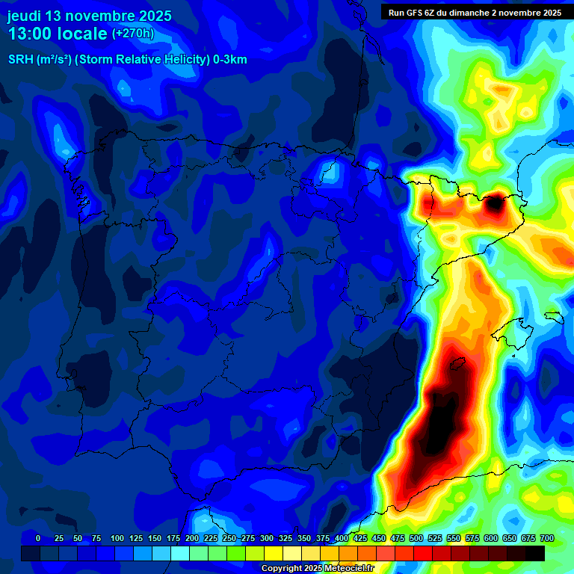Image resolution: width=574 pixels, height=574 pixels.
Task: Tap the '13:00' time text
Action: [31, 34]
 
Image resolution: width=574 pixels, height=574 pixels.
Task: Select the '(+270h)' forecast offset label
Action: [132, 34]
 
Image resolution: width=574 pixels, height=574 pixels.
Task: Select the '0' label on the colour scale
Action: [38, 538]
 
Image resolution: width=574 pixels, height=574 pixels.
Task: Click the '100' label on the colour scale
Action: [117, 538]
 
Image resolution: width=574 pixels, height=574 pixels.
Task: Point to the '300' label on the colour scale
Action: [267, 538]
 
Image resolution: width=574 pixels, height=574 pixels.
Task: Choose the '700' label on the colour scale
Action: [546, 538]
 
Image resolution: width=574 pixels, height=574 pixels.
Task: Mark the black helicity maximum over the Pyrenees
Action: [495, 203]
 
